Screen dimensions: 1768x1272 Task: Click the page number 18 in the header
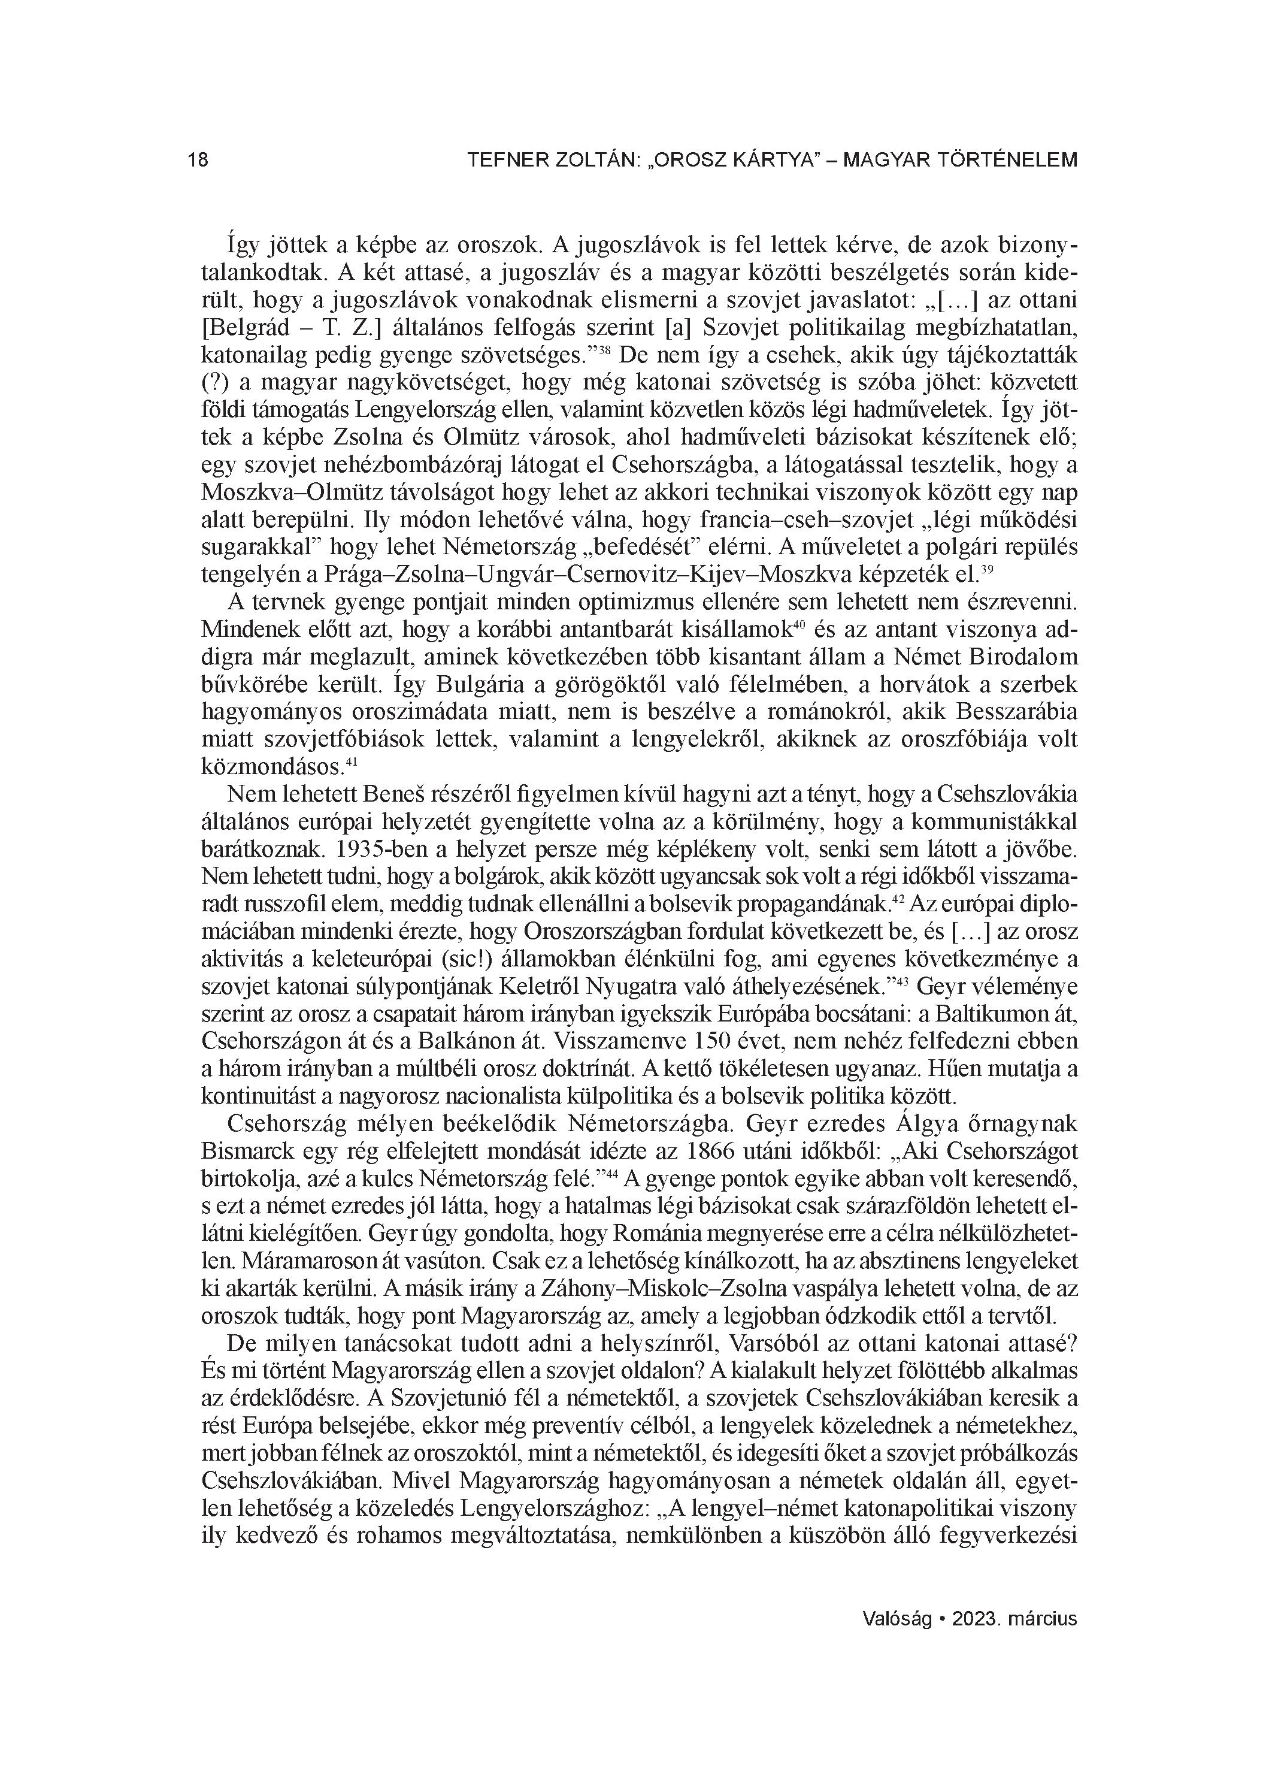198,161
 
